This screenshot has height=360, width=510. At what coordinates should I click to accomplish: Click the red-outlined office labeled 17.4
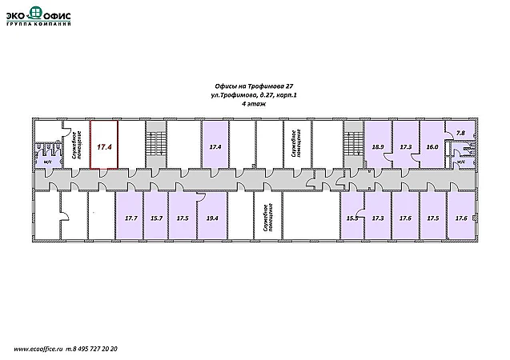coord(103,147)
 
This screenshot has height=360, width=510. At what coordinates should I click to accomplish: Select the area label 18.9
coord(378,147)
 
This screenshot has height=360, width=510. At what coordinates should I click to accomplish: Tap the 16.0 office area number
coord(432,147)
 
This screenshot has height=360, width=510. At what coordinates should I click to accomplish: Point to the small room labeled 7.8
coord(460,133)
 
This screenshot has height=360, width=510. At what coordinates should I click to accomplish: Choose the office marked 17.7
coord(131,218)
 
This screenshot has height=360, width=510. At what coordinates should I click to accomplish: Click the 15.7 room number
coord(157,218)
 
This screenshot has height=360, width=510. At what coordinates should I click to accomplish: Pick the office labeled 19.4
coord(212,218)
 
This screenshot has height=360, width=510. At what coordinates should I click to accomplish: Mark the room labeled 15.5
coord(351,218)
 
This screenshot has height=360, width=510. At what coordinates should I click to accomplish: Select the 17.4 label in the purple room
coord(215,147)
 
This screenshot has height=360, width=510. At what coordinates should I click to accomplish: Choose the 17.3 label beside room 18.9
coord(405,147)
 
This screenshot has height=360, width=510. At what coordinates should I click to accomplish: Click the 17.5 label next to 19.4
coord(183,218)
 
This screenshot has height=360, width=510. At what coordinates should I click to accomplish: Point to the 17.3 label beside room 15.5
coord(378,218)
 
